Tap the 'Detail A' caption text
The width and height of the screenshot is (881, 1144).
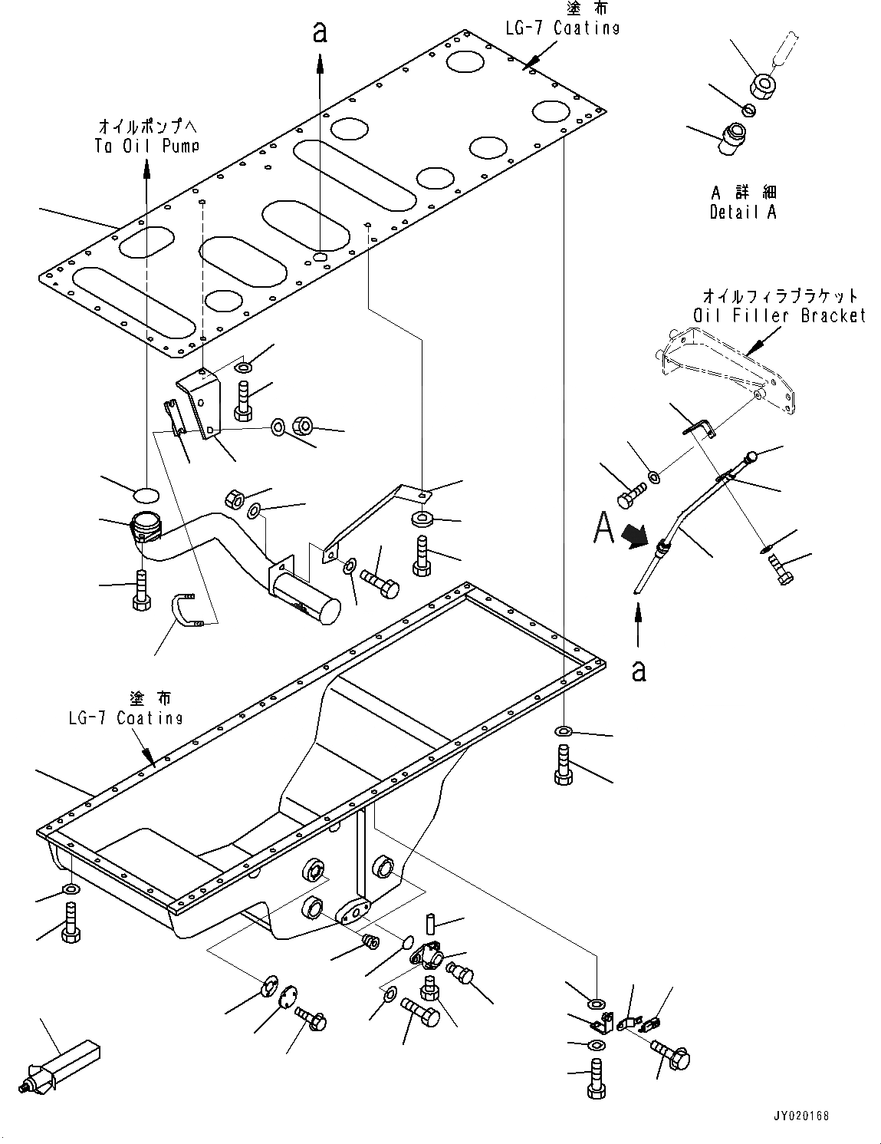(x=743, y=213)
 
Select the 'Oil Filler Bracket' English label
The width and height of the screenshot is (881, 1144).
(x=779, y=315)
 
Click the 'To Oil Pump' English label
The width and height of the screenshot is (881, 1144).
(x=146, y=146)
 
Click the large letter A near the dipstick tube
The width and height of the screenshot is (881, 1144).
(x=604, y=528)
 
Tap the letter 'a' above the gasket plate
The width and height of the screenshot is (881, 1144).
(x=320, y=31)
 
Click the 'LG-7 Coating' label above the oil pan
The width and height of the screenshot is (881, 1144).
(x=124, y=718)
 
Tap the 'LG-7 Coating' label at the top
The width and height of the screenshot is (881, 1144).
(x=562, y=28)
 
